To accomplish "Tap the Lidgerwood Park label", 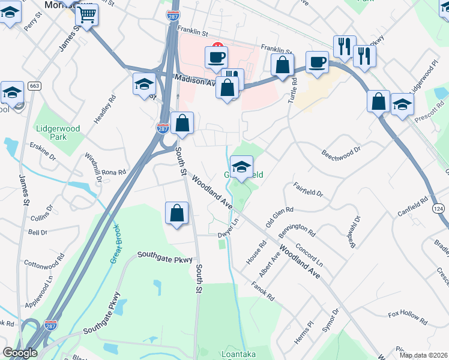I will pos(58,132).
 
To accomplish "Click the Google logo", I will pos(20,353).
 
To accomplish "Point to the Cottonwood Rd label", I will pos(44,262).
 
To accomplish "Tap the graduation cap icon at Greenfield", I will pos(241,168).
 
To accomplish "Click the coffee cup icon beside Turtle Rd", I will pos(316,62).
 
